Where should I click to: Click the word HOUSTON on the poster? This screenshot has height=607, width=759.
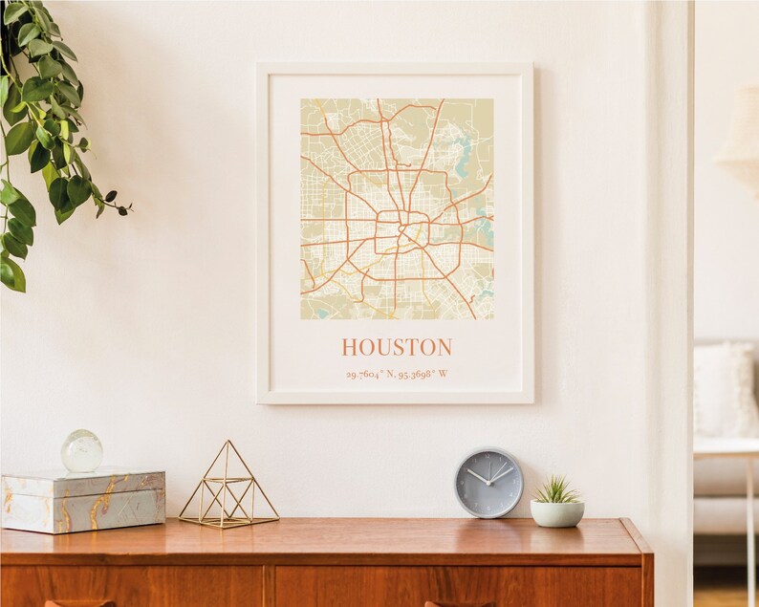click(x=397, y=347)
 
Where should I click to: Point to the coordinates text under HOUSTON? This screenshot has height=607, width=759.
click(x=397, y=374)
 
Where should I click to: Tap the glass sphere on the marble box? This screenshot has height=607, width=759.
click(x=82, y=450)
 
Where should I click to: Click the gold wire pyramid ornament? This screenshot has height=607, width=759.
click(x=228, y=488)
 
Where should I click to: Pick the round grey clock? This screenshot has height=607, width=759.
click(x=488, y=483)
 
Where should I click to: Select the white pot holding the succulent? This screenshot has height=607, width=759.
click(x=556, y=513)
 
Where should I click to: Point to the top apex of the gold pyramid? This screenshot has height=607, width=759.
click(x=228, y=442)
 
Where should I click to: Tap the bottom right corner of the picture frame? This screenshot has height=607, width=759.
click(x=531, y=401)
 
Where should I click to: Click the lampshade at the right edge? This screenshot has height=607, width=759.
click(x=740, y=143)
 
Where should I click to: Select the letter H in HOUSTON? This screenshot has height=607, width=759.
click(x=350, y=347)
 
